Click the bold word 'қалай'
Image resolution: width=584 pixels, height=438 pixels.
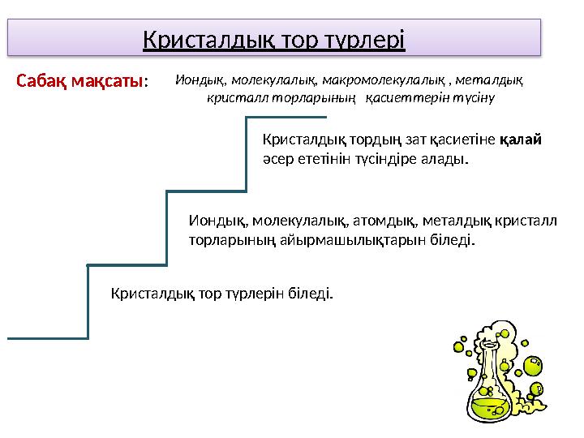(520, 140)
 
